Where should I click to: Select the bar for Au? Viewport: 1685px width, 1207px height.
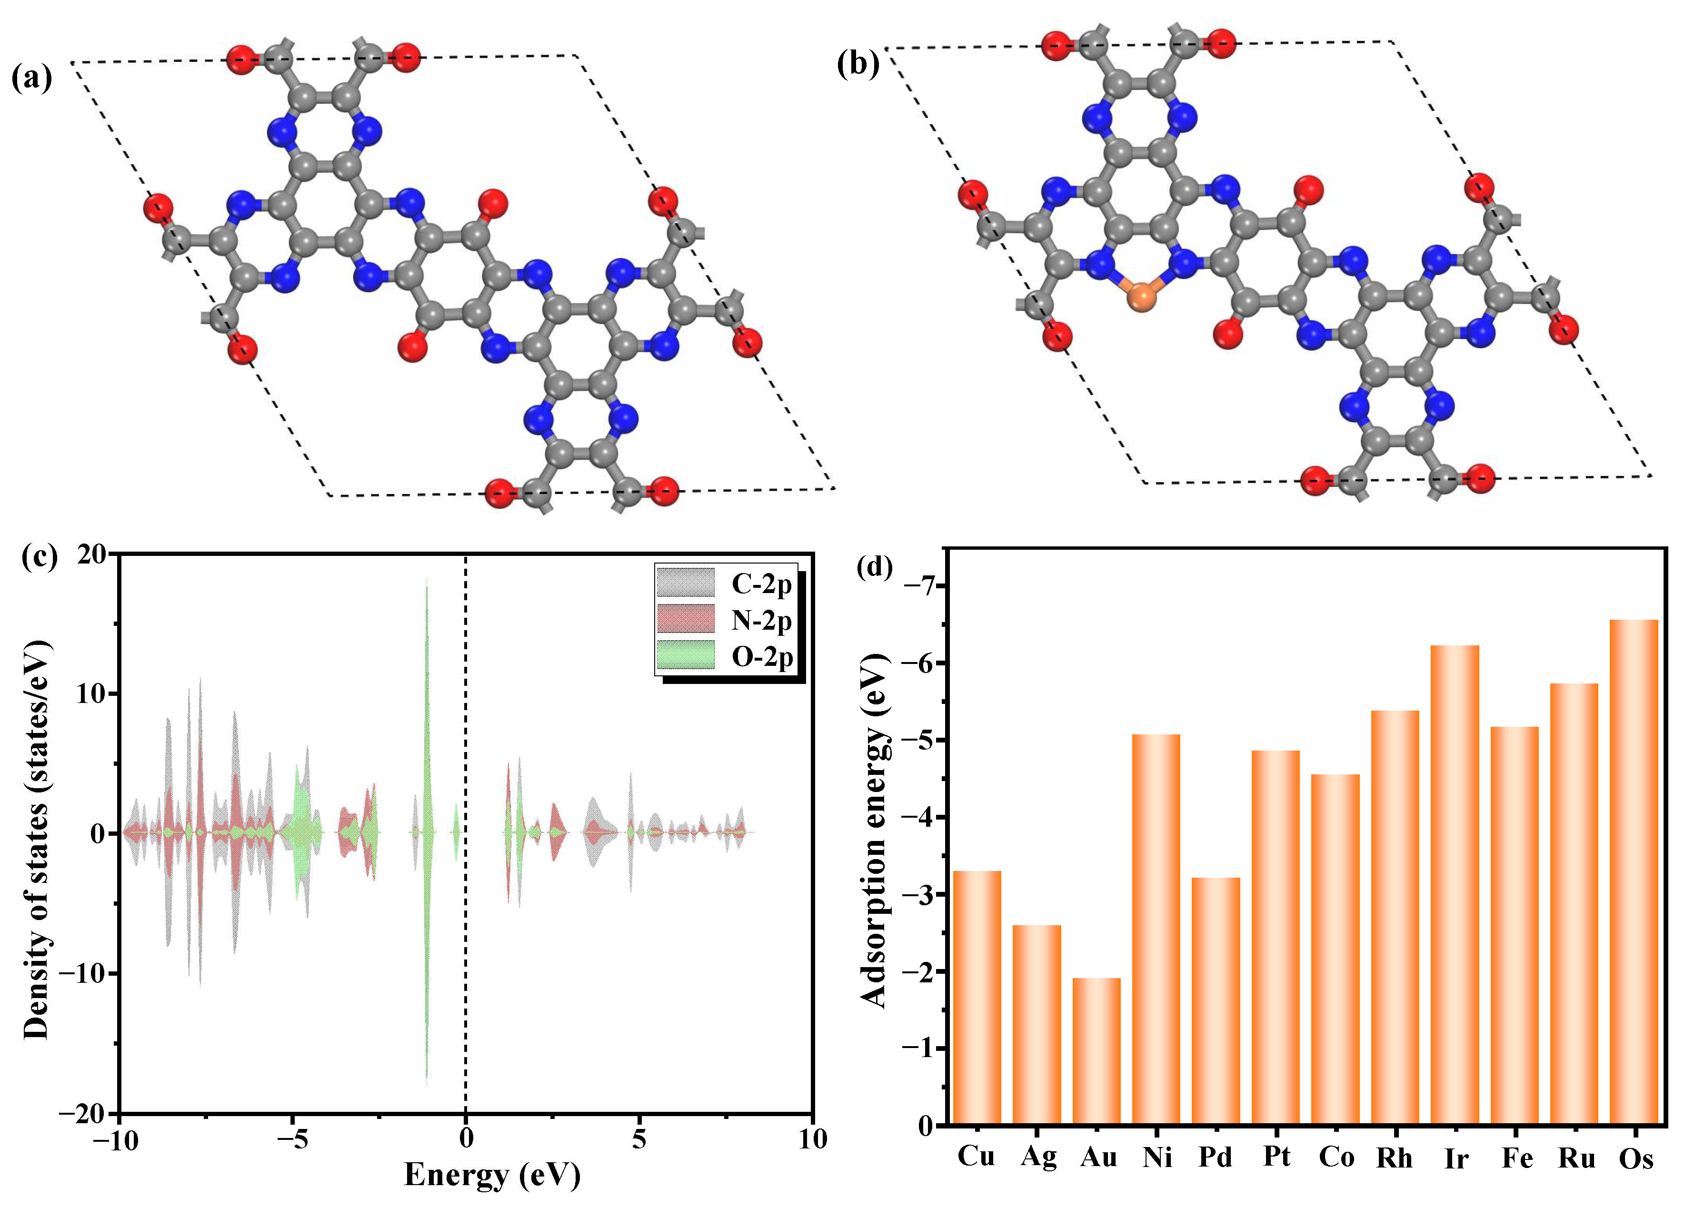[x=1097, y=1050]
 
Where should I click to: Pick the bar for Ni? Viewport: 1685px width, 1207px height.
[x=1156, y=929]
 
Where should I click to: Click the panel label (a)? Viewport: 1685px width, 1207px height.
[x=32, y=77]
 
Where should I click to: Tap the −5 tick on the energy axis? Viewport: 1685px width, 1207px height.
[x=295, y=1138]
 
